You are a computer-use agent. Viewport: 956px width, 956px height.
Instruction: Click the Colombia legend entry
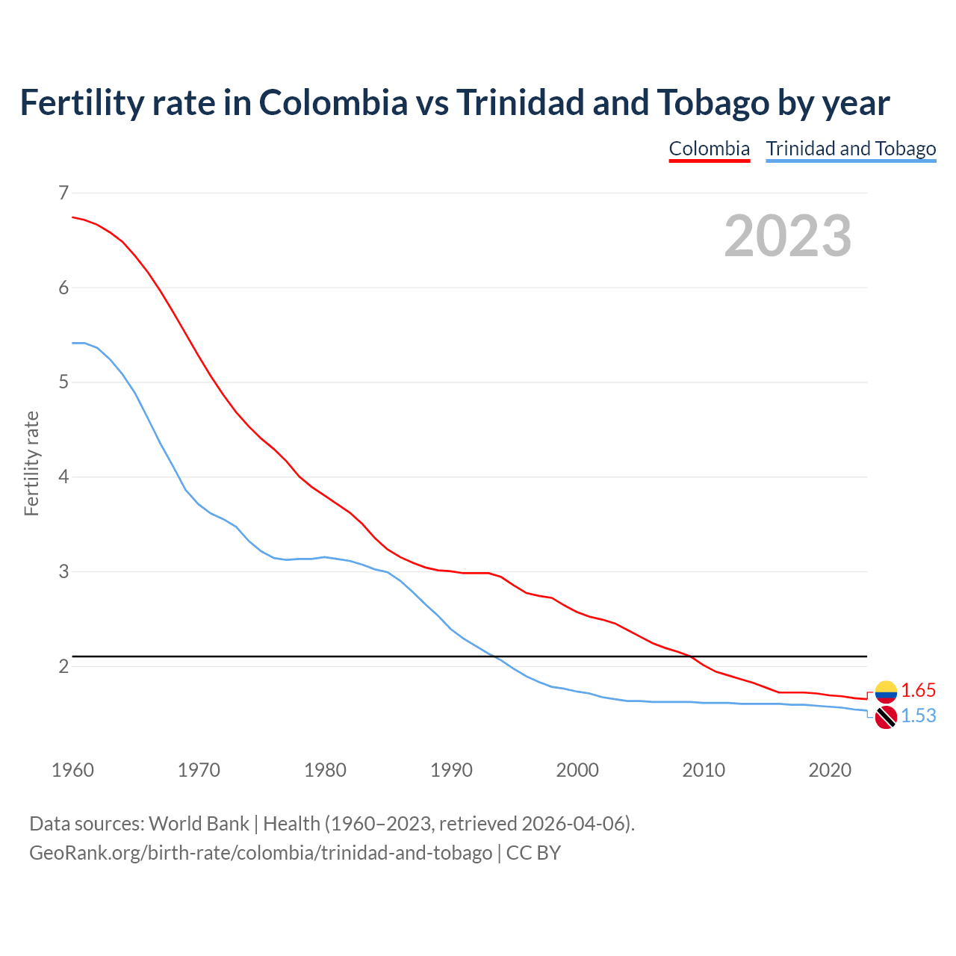pos(709,149)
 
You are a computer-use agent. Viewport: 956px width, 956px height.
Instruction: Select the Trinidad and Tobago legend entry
pos(851,149)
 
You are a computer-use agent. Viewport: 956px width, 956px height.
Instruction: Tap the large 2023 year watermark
pos(787,236)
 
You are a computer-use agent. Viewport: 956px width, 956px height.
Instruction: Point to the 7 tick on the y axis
pos(63,193)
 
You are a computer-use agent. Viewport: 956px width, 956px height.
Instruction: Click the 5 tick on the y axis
pos(63,382)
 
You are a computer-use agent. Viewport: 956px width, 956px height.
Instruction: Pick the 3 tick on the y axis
pos(63,571)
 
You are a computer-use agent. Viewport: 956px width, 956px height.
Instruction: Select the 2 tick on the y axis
pos(63,666)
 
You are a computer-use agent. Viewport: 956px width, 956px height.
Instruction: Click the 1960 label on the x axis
pos(72,770)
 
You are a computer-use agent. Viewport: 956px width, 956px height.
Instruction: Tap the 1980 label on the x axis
pos(325,770)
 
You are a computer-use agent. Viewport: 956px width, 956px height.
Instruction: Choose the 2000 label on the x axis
pos(577,770)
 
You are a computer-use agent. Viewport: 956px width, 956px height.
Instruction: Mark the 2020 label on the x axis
pos(830,770)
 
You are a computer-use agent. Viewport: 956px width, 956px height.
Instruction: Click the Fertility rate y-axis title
pos(31,463)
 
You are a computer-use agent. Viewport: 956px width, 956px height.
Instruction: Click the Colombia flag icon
pos(886,692)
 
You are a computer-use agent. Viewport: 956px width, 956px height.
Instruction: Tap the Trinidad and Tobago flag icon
pos(886,718)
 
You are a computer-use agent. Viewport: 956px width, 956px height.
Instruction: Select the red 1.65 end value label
pos(918,690)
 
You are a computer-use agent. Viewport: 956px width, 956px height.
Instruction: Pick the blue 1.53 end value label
pos(918,716)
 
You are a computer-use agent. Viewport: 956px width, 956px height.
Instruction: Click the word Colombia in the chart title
pos(333,102)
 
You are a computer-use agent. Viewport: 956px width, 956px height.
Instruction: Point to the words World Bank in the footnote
pos(199,824)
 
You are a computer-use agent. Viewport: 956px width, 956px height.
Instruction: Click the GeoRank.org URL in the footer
pos(261,853)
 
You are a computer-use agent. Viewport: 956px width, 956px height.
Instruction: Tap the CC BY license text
pos(533,853)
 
